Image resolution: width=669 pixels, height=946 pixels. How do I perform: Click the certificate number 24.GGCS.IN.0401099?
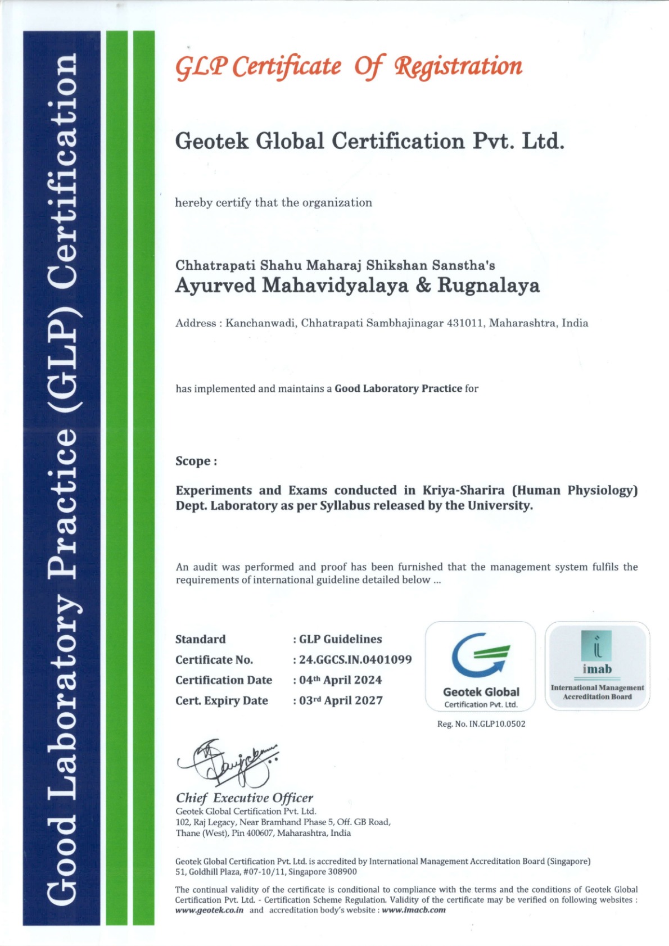(x=355, y=659)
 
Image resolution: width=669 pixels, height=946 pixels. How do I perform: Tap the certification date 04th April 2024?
(x=340, y=680)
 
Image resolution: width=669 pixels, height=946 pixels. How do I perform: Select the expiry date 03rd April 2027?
(x=341, y=700)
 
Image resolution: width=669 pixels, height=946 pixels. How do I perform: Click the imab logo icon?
(x=597, y=645)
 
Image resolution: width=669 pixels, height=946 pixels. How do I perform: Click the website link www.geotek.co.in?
(x=209, y=910)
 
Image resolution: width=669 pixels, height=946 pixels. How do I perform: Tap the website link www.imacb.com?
(x=414, y=910)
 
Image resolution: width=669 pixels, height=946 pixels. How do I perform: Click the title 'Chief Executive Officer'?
(x=245, y=798)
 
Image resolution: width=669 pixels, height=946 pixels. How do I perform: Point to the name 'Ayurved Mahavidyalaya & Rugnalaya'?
(x=357, y=286)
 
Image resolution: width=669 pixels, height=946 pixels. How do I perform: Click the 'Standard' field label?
(x=200, y=639)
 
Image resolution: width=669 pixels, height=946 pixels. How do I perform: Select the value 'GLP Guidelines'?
(x=340, y=639)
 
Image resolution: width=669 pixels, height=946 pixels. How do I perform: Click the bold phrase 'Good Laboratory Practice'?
(x=398, y=388)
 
